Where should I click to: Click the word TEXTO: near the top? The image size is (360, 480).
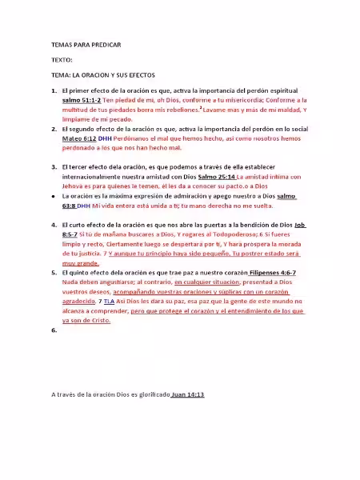62,60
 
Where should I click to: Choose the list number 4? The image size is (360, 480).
53,226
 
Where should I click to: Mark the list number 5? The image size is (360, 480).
53,274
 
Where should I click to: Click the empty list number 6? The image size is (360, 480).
53,330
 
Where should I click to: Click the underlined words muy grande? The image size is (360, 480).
81,262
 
